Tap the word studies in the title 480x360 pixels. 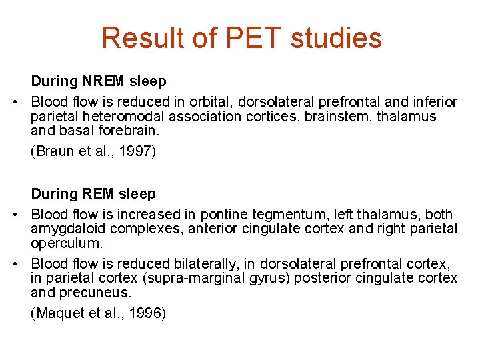coord(340,38)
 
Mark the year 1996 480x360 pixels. coord(143,313)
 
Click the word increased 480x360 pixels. coord(155,214)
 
